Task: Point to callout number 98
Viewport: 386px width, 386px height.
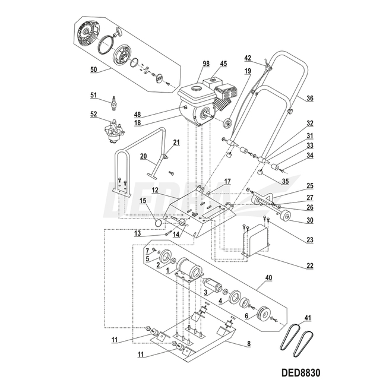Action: [x=189, y=64]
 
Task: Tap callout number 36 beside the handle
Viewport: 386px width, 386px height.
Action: [x=309, y=99]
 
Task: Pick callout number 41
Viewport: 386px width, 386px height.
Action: [x=306, y=318]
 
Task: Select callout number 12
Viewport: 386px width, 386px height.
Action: [x=153, y=191]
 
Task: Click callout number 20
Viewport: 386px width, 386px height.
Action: [x=143, y=157]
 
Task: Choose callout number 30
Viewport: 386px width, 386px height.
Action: [x=309, y=220]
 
